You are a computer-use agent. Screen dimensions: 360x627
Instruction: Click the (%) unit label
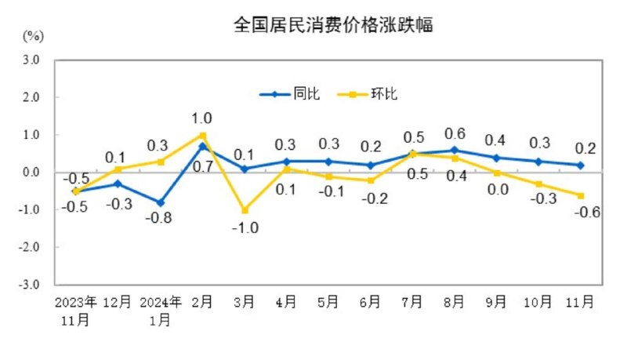pos(33,36)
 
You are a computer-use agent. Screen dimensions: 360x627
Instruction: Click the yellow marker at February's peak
pos(203,135)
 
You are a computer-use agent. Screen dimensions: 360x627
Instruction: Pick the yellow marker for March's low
pos(245,210)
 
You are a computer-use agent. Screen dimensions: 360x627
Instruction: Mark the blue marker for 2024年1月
pos(161,202)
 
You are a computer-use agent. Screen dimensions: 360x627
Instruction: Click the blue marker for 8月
pos(455,150)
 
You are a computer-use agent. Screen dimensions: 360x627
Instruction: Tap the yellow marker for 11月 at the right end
pos(581,195)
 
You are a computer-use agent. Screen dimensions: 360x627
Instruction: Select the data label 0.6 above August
pos(455,133)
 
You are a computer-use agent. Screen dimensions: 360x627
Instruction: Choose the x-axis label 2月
pos(203,302)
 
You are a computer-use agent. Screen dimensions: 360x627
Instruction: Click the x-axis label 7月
pos(413,302)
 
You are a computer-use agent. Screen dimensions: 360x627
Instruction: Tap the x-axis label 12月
pos(118,302)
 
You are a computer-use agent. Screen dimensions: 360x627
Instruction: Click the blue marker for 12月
pos(118,184)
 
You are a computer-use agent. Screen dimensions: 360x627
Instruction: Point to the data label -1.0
pos(245,227)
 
